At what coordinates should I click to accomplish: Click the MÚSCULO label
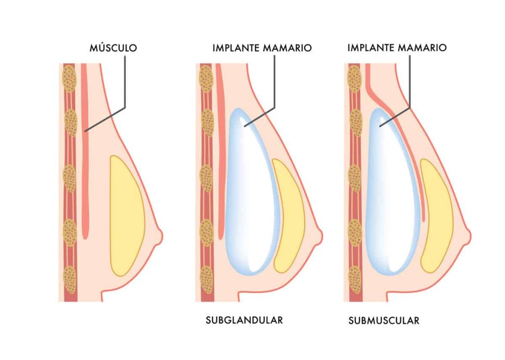pos(113,48)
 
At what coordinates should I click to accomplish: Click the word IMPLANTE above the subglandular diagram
pos(236,48)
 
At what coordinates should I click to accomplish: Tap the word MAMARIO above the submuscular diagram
pos(422,48)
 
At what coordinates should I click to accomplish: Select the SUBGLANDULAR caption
pos(244,320)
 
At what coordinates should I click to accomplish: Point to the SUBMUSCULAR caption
pos(384,321)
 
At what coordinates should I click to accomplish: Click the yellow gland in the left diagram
pos(127,216)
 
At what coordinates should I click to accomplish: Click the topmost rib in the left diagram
pos(70,78)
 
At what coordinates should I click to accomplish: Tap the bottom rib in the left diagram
pos(70,280)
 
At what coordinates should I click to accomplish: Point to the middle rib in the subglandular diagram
pos(207,178)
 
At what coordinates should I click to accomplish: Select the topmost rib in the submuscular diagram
pos(355,78)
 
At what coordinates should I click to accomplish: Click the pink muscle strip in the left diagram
pos(85,151)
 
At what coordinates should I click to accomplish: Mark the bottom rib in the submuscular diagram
pos(355,280)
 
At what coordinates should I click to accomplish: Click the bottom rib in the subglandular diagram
pos(207,280)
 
